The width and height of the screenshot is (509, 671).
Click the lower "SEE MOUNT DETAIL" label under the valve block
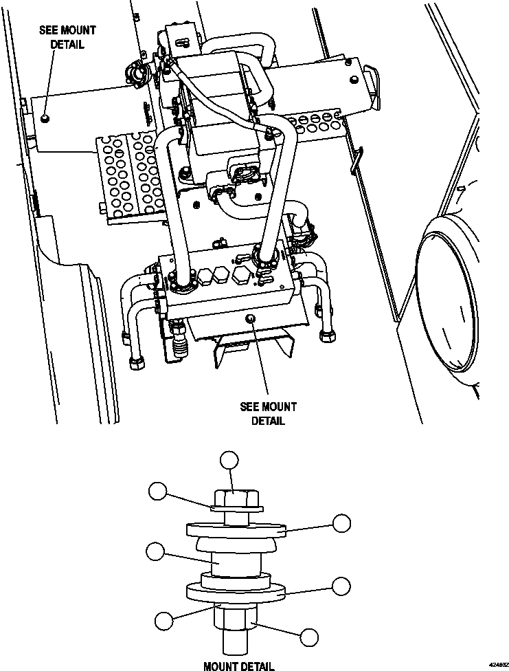point(268,414)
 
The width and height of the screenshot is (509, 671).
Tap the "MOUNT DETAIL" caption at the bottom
point(238,665)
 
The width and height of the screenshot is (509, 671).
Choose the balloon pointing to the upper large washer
point(341,522)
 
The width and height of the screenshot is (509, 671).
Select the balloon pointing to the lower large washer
point(341,586)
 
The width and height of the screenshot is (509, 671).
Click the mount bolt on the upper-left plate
point(45,118)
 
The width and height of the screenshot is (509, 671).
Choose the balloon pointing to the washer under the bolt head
point(158,491)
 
